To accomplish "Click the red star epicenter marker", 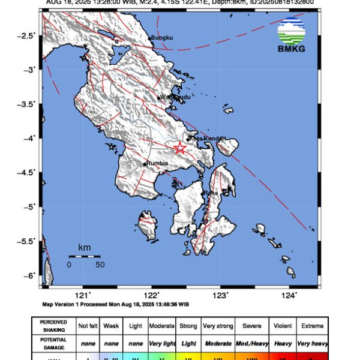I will [x=179, y=148].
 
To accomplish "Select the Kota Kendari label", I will [x=207, y=139].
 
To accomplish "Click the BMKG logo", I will [x=292, y=35].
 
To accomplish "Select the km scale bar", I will [x=85, y=256].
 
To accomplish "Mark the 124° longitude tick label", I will [x=289, y=295].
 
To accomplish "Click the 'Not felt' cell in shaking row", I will [x=88, y=326].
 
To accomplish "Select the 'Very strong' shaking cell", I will [x=218, y=326].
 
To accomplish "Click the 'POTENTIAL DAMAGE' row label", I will [x=53, y=344].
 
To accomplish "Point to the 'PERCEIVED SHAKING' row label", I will [x=53, y=326].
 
